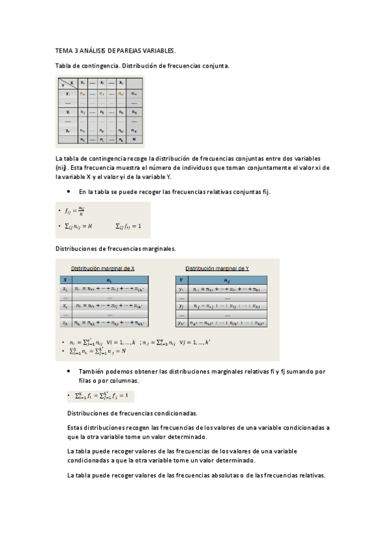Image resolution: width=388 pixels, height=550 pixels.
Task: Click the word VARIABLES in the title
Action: pyautogui.click(x=156, y=50)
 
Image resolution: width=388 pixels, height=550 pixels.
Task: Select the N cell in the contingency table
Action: pyautogui.click(x=133, y=139)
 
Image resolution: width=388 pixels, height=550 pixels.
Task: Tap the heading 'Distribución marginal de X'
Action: pyautogui.click(x=102, y=268)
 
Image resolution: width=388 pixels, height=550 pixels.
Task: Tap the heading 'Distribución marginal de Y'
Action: pyautogui.click(x=217, y=268)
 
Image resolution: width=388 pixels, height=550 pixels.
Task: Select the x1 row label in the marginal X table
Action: pyautogui.click(x=65, y=288)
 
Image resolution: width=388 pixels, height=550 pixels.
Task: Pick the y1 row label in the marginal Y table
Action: pyautogui.click(x=183, y=288)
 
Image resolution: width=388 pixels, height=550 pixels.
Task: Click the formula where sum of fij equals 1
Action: pyautogui.click(x=128, y=226)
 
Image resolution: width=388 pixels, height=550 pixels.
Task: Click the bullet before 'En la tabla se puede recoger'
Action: pyautogui.click(x=69, y=191)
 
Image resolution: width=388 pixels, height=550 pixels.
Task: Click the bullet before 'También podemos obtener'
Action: pyautogui.click(x=69, y=371)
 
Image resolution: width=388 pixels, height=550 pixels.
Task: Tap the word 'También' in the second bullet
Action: pyautogui.click(x=91, y=371)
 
